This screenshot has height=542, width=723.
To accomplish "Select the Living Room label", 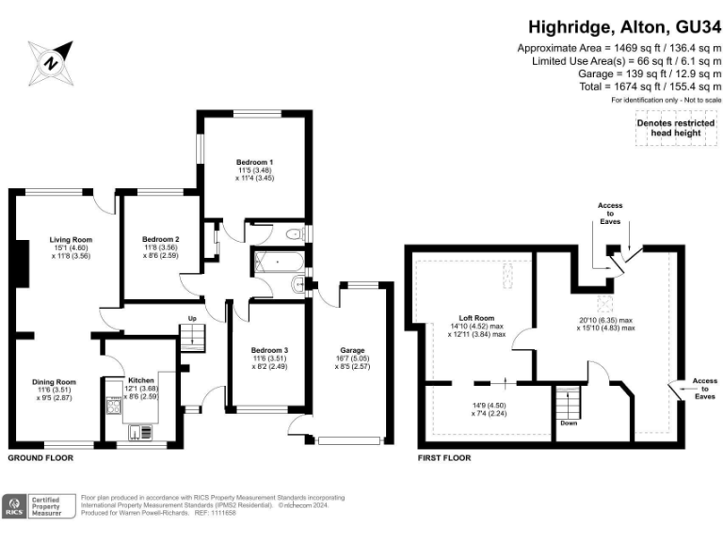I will click(71, 240).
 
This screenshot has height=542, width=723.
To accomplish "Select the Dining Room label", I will click(55, 381).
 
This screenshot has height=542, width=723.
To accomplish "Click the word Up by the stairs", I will click(191, 318).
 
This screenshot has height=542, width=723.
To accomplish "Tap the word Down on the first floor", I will click(568, 422).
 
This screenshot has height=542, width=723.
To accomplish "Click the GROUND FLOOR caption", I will click(40, 458).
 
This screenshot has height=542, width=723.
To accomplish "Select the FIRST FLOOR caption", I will click(444, 458).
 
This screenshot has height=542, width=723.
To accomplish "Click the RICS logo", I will click(16, 505).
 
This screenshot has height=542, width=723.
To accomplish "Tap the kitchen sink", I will click(138, 432).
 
